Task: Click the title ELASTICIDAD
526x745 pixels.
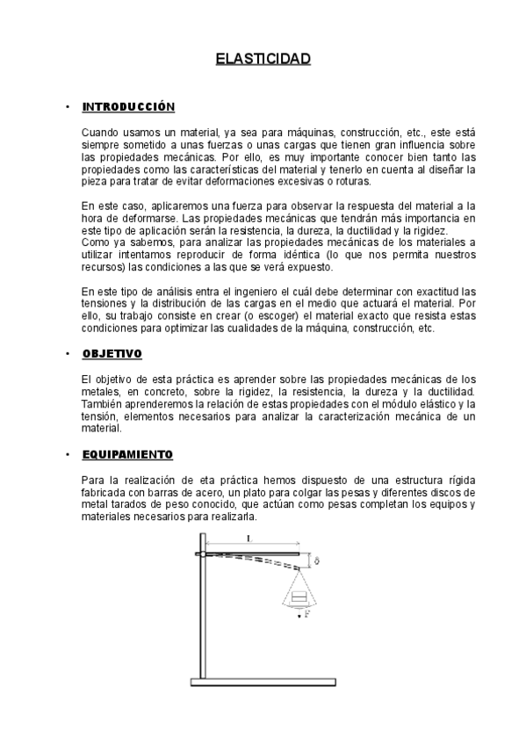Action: [x=263, y=60]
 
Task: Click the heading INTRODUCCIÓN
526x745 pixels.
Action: [x=128, y=107]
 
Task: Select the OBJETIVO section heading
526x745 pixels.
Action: [x=112, y=353]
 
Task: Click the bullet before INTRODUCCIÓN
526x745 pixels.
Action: [x=68, y=107]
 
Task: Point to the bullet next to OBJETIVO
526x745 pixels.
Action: [x=68, y=353]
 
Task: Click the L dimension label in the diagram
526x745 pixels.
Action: [x=249, y=539]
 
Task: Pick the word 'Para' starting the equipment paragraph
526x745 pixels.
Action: [x=90, y=480]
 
